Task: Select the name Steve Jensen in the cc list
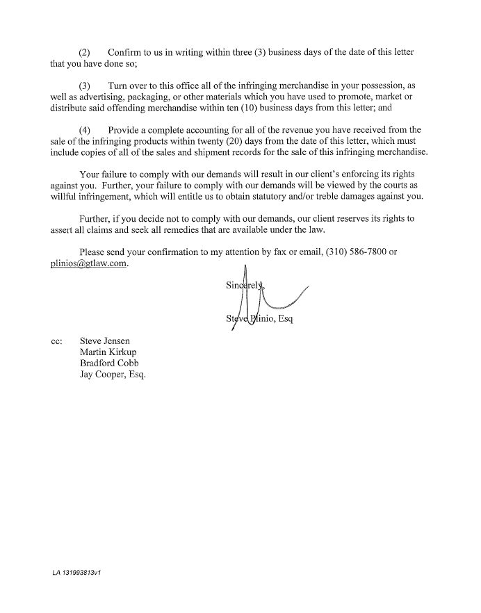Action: pyautogui.click(x=104, y=341)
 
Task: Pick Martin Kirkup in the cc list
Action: pyautogui.click(x=108, y=352)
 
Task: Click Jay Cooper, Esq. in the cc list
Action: pyautogui.click(x=113, y=375)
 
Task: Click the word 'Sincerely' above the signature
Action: pyautogui.click(x=243, y=286)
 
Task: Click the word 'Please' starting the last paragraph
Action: pyautogui.click(x=94, y=252)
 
